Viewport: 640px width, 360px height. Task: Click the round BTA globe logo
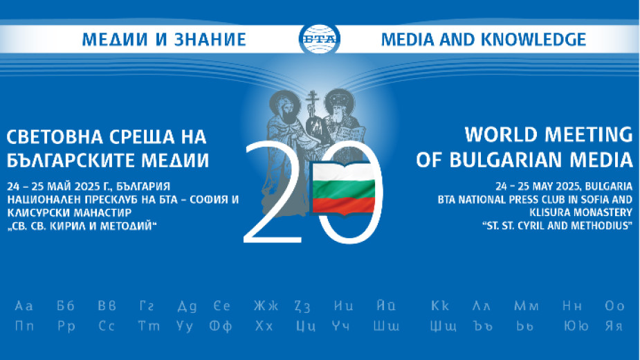tap(319, 39)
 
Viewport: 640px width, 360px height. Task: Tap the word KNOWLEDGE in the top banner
tap(533, 39)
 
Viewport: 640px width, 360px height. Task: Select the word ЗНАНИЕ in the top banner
tap(210, 39)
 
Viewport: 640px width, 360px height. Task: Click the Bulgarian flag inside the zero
tap(344, 188)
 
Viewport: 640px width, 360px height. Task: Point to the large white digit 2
tap(273, 192)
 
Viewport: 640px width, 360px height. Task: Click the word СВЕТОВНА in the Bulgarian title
tap(54, 136)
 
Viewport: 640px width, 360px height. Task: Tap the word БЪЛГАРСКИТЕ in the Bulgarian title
tap(71, 161)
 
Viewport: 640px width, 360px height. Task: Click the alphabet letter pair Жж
tap(266, 306)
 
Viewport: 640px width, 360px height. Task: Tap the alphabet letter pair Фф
tap(221, 326)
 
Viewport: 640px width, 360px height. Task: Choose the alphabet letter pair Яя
tap(614, 326)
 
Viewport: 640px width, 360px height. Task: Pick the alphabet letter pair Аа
tap(24, 306)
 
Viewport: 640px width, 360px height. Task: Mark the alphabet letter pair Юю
tap(576, 326)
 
